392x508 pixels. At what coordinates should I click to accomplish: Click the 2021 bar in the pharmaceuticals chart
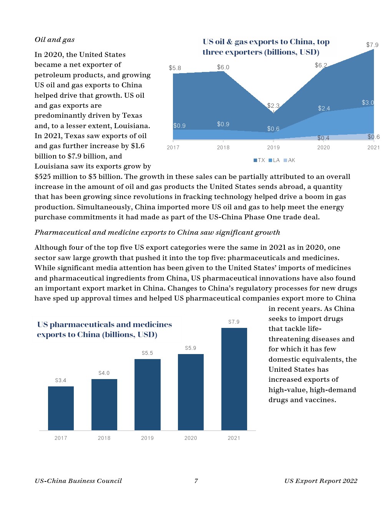pyautogui.click(x=234, y=379)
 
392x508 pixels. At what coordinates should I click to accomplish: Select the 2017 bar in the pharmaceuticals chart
pyautogui.click(x=61, y=408)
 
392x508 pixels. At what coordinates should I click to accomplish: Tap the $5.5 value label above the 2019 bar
pyautogui.click(x=147, y=353)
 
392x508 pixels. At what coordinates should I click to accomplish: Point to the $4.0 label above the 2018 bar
pyautogui.click(x=104, y=373)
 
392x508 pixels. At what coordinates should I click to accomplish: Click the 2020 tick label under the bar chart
pyautogui.click(x=191, y=438)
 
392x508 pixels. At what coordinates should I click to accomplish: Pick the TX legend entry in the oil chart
pyautogui.click(x=259, y=160)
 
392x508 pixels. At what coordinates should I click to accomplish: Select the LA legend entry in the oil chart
pyautogui.click(x=274, y=160)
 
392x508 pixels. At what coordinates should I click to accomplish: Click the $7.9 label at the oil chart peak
pyautogui.click(x=372, y=45)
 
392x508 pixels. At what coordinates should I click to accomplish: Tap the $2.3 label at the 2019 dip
pyautogui.click(x=273, y=105)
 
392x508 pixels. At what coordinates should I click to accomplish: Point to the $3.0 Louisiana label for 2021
pyautogui.click(x=368, y=103)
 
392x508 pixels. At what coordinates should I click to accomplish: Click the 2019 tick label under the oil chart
pyautogui.click(x=273, y=147)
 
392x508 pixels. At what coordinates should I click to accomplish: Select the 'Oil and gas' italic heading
pyautogui.click(x=55, y=40)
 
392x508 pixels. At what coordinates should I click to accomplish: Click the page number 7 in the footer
pyautogui.click(x=196, y=481)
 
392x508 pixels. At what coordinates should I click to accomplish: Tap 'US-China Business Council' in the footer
pyautogui.click(x=78, y=481)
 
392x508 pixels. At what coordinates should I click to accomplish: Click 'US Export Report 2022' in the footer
pyautogui.click(x=321, y=481)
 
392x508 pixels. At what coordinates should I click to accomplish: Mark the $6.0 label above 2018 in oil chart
pyautogui.click(x=223, y=67)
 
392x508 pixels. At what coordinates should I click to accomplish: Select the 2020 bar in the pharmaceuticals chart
pyautogui.click(x=191, y=392)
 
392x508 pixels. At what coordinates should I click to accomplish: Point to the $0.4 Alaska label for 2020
pyautogui.click(x=323, y=138)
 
